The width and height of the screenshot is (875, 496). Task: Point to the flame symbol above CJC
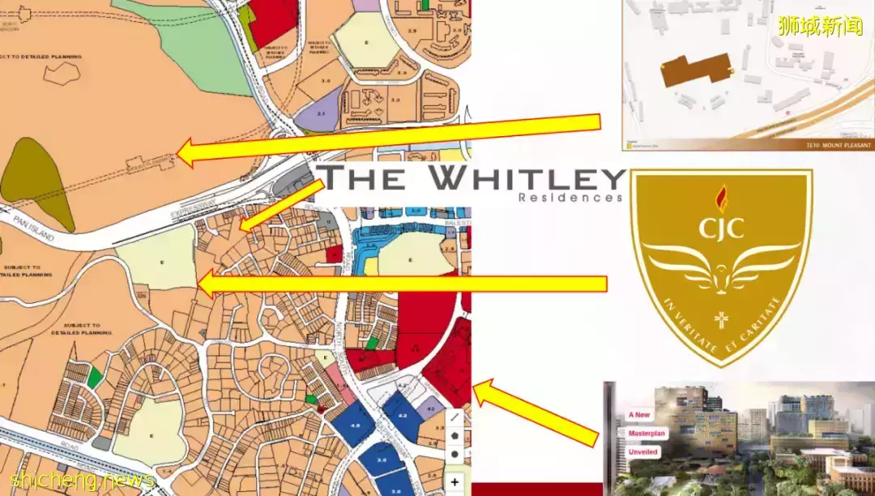(x=721, y=197)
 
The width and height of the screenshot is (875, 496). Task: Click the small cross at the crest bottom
(x=720, y=318)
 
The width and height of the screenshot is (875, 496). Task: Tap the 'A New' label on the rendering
(x=639, y=415)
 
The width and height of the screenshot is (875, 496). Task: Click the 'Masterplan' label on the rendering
(x=646, y=434)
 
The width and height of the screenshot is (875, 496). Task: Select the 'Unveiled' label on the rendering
(x=642, y=451)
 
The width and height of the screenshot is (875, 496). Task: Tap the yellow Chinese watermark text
(x=820, y=26)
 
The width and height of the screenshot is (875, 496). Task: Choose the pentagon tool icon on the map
(x=455, y=435)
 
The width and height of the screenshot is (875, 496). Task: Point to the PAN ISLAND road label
(x=32, y=229)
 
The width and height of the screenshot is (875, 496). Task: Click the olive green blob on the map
(x=36, y=182)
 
